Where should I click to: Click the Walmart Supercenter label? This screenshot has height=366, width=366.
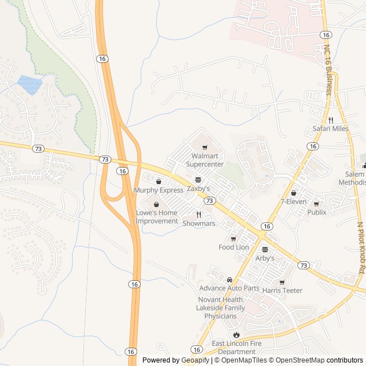(205, 160)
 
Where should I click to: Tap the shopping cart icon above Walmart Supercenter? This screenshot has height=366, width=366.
(205, 148)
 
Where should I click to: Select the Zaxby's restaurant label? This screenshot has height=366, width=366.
(198, 188)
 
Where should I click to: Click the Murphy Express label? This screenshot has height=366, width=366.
(158, 190)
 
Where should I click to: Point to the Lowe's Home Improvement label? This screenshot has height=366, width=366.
(157, 217)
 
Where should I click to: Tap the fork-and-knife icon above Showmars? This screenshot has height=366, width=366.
(199, 215)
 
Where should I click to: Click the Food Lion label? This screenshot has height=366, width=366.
(234, 247)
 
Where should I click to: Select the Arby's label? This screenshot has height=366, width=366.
(265, 258)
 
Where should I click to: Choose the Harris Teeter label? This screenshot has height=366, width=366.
(282, 290)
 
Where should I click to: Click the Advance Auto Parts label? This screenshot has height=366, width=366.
(229, 288)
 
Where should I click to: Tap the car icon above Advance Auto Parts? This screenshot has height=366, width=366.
(229, 280)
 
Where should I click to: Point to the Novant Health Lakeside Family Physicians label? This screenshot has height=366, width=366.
(220, 308)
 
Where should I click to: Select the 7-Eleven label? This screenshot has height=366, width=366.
(293, 201)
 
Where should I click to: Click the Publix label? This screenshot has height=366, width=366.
(316, 212)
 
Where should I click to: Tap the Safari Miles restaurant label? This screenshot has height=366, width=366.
(330, 129)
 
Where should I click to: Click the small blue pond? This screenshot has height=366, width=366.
(30, 85)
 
